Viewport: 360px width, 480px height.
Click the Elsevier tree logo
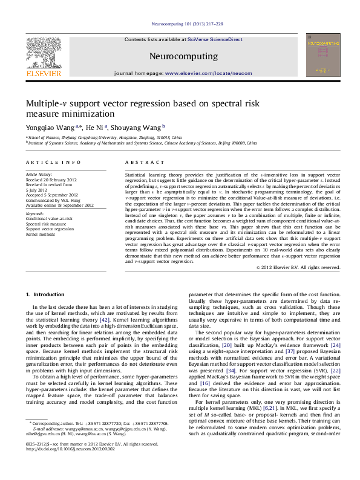pyautogui.click(x=43, y=53)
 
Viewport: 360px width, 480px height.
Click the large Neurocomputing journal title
pyautogui.click(x=183, y=56)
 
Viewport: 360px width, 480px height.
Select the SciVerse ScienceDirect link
pyautogui.click(x=215, y=39)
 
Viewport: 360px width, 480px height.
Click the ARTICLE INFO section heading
pyautogui.click(x=53, y=163)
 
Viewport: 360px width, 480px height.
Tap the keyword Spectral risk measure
pyautogui.click(x=46, y=224)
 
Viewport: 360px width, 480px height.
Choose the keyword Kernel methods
pyautogui.click(x=40, y=234)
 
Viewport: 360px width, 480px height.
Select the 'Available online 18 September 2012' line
pyautogui.click(x=59, y=205)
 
